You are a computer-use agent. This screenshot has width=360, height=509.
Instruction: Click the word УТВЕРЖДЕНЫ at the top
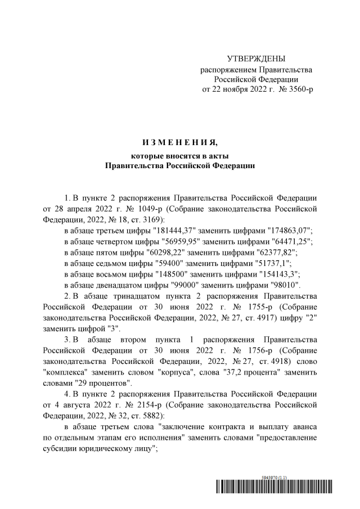click(x=256, y=58)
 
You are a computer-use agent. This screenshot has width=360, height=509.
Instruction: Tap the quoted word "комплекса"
click(x=69, y=372)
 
